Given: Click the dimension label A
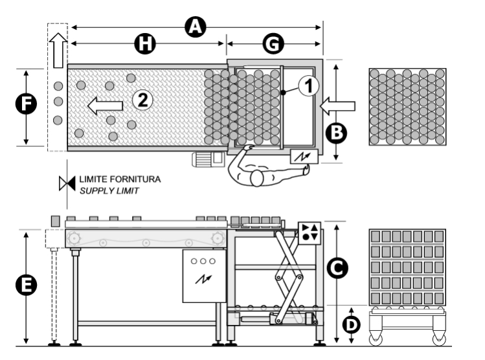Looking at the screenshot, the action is click(x=195, y=27).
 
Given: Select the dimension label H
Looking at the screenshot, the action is click(x=145, y=43).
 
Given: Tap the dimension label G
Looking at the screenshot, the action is click(x=273, y=43).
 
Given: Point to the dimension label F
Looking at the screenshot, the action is click(x=26, y=104).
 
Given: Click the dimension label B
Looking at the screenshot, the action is click(x=337, y=133).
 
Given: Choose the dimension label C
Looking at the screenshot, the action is click(x=337, y=268).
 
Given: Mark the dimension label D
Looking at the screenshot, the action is click(x=352, y=325).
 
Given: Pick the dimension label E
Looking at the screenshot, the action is click(x=26, y=285).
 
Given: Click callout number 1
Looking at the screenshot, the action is click(x=309, y=85).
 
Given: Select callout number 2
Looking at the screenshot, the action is click(x=142, y=100).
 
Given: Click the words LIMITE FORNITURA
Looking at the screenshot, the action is click(x=120, y=179).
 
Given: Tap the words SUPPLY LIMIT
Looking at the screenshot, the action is click(x=109, y=191).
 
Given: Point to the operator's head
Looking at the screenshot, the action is click(x=256, y=179).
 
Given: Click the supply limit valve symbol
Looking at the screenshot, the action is click(x=67, y=183).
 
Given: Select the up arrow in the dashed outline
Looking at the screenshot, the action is click(x=58, y=50).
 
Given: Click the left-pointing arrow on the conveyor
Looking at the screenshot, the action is click(x=105, y=106).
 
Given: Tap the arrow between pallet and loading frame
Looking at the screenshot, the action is click(x=337, y=106).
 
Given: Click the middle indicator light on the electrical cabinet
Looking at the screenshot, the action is click(x=203, y=262).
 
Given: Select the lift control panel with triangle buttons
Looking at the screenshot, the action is click(x=310, y=233).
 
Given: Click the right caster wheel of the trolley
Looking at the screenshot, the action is click(x=439, y=339).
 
